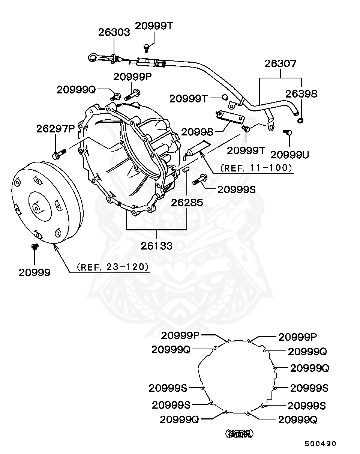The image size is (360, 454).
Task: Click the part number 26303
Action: coord(114,33)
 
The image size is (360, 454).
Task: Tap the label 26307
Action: coord(280,63)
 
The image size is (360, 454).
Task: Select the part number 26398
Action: coord(301,94)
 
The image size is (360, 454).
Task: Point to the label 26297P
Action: coord(55,129)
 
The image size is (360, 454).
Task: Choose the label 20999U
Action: coord(289,155)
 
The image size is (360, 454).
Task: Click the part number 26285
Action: coord(187,203)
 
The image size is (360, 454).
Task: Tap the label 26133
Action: coord(156,246)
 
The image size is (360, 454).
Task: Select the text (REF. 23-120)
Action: coord(113,267)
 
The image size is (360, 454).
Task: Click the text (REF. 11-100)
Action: coord(256,168)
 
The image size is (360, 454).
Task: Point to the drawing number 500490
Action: coord(320,443)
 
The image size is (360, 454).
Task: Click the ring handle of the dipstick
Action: coord(92,57)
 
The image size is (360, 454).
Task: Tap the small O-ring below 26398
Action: coord(300,121)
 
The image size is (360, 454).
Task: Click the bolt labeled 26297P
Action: coord(59,154)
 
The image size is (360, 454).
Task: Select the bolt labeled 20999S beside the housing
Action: coord(200,179)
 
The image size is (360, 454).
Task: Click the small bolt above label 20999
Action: coord(35,246)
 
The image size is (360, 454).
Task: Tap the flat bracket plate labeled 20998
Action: coord(230,117)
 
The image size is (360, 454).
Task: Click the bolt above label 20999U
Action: coord(288,132)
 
